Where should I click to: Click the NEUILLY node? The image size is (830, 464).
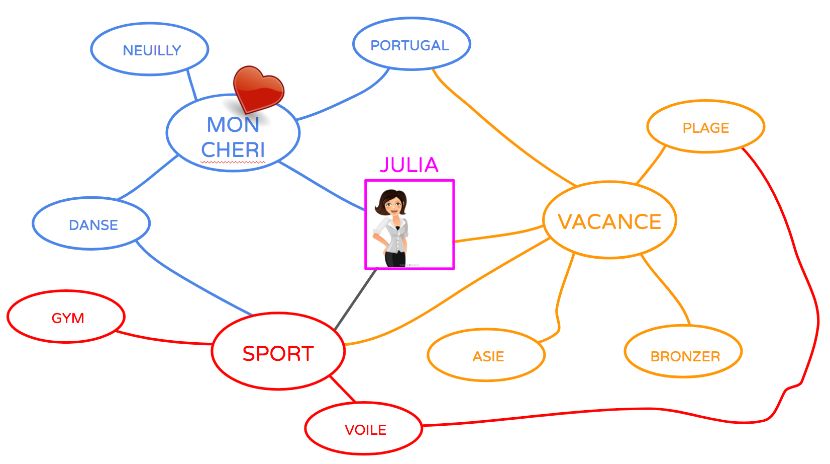(151, 50)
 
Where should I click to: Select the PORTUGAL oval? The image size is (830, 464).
(410, 45)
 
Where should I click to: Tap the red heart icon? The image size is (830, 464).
(258, 89)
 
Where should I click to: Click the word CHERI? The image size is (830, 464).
(233, 150)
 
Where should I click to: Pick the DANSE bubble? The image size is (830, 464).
(93, 224)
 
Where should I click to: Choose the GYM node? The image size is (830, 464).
(67, 318)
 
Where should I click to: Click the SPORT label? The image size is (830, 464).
(278, 353)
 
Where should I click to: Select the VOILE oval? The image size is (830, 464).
(365, 429)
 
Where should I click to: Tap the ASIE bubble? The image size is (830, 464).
(487, 356)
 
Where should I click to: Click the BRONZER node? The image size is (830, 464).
(685, 356)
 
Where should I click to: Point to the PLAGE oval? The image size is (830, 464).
(705, 127)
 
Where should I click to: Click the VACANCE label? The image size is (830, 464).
(609, 221)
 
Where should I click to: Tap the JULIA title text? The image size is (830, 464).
(409, 165)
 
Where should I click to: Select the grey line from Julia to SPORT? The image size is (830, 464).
(356, 299)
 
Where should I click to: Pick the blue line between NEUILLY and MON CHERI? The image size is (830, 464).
(191, 84)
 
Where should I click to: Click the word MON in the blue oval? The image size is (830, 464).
(233, 124)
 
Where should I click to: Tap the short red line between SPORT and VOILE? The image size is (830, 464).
(343, 389)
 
